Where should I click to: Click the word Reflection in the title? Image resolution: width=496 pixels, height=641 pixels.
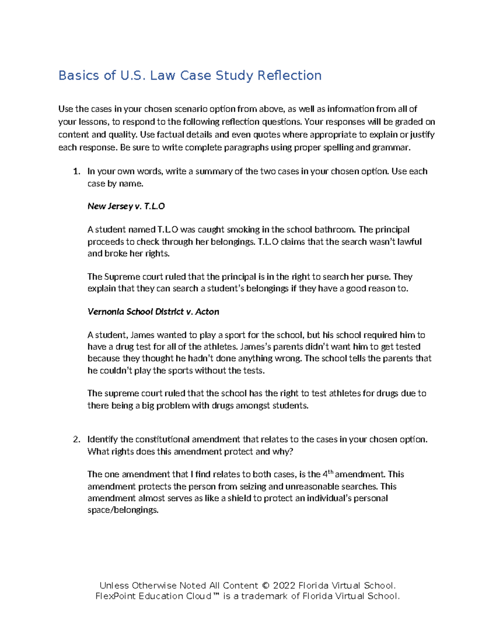(289, 76)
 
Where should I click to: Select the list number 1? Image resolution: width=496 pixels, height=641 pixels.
(76, 171)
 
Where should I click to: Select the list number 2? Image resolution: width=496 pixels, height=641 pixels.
(76, 439)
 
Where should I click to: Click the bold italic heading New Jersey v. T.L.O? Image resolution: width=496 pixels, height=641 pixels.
(126, 206)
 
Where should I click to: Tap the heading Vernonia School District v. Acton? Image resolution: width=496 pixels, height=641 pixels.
(153, 312)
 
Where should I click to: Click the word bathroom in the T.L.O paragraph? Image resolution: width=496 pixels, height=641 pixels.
(334, 229)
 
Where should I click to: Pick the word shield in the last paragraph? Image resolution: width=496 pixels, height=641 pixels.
(239, 498)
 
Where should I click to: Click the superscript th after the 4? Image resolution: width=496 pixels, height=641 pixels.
(330, 471)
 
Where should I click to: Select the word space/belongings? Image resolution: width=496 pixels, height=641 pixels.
(123, 510)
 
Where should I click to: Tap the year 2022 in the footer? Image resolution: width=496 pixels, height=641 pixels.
(284, 586)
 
